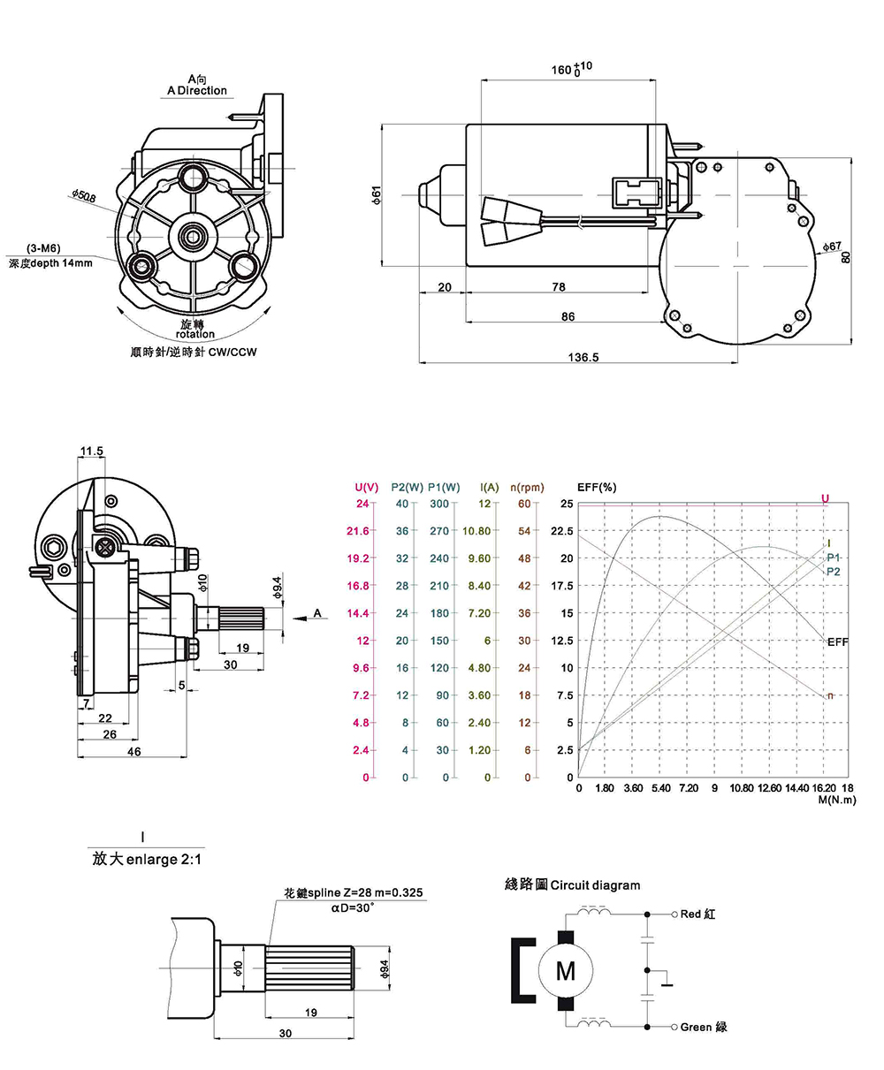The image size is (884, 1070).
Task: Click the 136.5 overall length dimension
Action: pyautogui.click(x=583, y=357)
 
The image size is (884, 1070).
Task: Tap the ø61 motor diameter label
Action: pyautogui.click(x=376, y=195)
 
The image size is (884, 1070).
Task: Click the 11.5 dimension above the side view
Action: pyautogui.click(x=91, y=452)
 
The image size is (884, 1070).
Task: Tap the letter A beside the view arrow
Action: pyautogui.click(x=316, y=612)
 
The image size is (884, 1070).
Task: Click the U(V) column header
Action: pyautogui.click(x=367, y=487)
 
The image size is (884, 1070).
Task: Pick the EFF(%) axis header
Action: pyautogui.click(x=597, y=487)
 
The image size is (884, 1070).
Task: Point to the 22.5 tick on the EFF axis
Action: pyautogui.click(x=562, y=531)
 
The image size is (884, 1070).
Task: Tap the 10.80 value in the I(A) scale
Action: pyautogui.click(x=476, y=531)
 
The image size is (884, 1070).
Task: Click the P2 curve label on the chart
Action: pyautogui.click(x=834, y=572)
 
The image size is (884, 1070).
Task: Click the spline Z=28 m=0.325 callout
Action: pyautogui.click(x=354, y=894)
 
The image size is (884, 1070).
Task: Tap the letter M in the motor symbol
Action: pyautogui.click(x=564, y=970)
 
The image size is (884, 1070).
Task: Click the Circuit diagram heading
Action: pyautogui.click(x=572, y=884)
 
